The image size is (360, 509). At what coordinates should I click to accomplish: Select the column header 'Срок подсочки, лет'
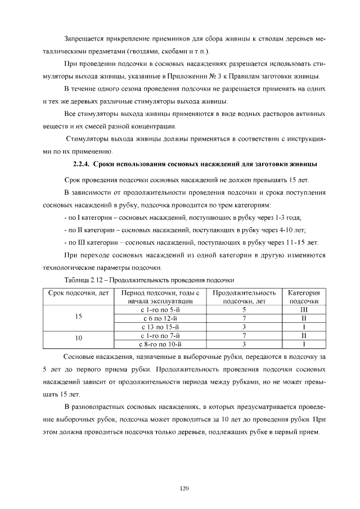point(78,297)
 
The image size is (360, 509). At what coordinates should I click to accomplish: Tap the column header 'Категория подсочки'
point(304,297)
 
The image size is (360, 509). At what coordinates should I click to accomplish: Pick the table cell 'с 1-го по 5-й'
point(160,309)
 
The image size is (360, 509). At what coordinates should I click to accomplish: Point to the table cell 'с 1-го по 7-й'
point(160,335)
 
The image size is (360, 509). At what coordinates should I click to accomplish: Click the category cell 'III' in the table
point(304,309)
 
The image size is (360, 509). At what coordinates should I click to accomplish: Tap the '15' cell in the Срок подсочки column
point(78,318)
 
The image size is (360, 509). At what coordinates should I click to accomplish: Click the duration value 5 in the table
point(245,309)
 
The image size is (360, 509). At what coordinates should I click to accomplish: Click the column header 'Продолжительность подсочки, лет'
point(245,297)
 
